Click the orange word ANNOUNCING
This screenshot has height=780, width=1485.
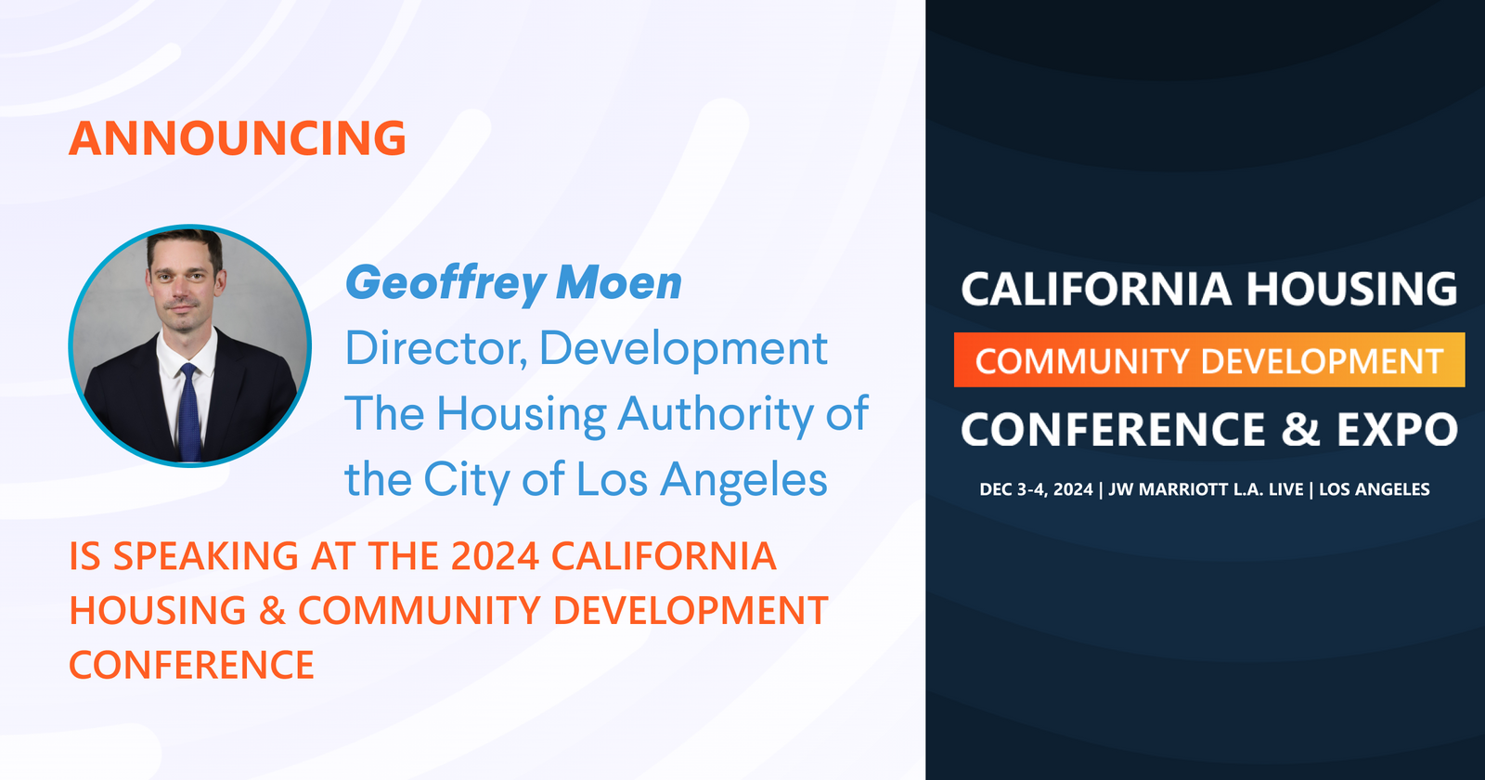[238, 138]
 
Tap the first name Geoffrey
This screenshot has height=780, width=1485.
[445, 283]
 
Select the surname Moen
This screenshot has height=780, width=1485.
[619, 283]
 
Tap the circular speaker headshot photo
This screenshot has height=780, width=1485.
[189, 344]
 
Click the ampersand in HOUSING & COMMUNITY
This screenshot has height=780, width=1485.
[272, 611]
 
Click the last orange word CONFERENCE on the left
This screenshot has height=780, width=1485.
[192, 666]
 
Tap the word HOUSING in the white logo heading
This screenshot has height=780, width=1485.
[1351, 289]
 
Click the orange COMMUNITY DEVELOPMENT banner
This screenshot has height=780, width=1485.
[1209, 360]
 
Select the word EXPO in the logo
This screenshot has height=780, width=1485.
[1397, 430]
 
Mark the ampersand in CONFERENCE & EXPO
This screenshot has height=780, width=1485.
[1301, 430]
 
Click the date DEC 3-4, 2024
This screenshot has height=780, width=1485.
[1036, 489]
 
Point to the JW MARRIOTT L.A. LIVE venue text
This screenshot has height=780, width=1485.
[1206, 489]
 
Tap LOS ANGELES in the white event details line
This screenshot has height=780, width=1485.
[1374, 489]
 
